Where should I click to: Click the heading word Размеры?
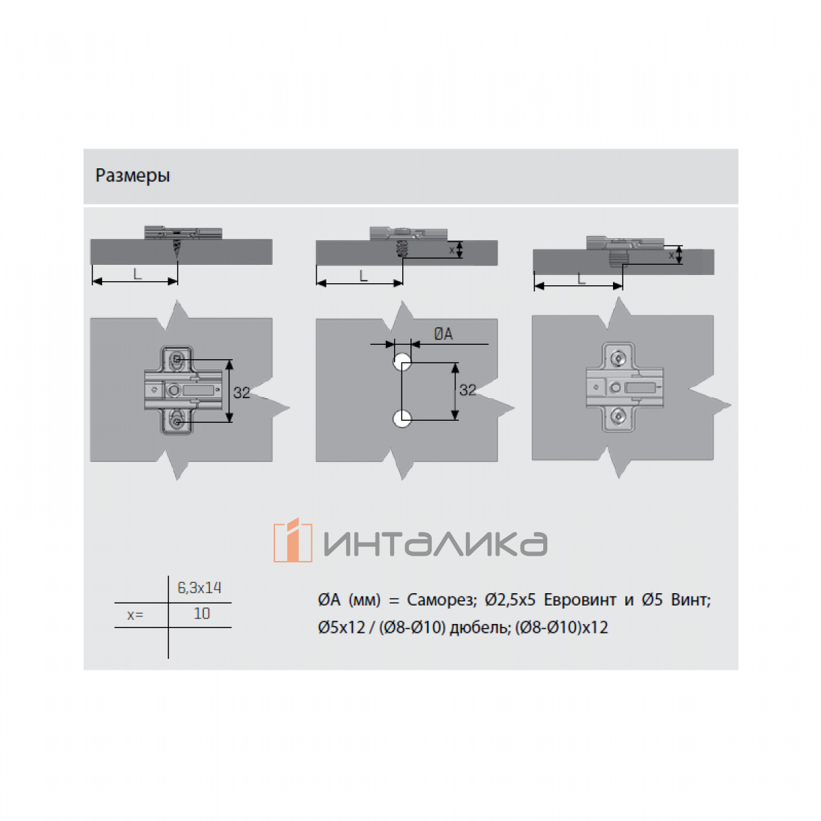point(133,176)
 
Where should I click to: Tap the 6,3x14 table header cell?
point(199,588)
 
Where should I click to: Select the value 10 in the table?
point(202,614)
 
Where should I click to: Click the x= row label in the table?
point(135,615)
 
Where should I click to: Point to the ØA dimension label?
point(443,334)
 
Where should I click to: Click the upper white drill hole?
point(402,363)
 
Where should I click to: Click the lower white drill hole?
point(402,419)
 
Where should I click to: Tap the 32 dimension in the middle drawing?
point(467,390)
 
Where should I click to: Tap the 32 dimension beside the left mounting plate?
point(242,393)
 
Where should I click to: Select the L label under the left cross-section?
point(138,274)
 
